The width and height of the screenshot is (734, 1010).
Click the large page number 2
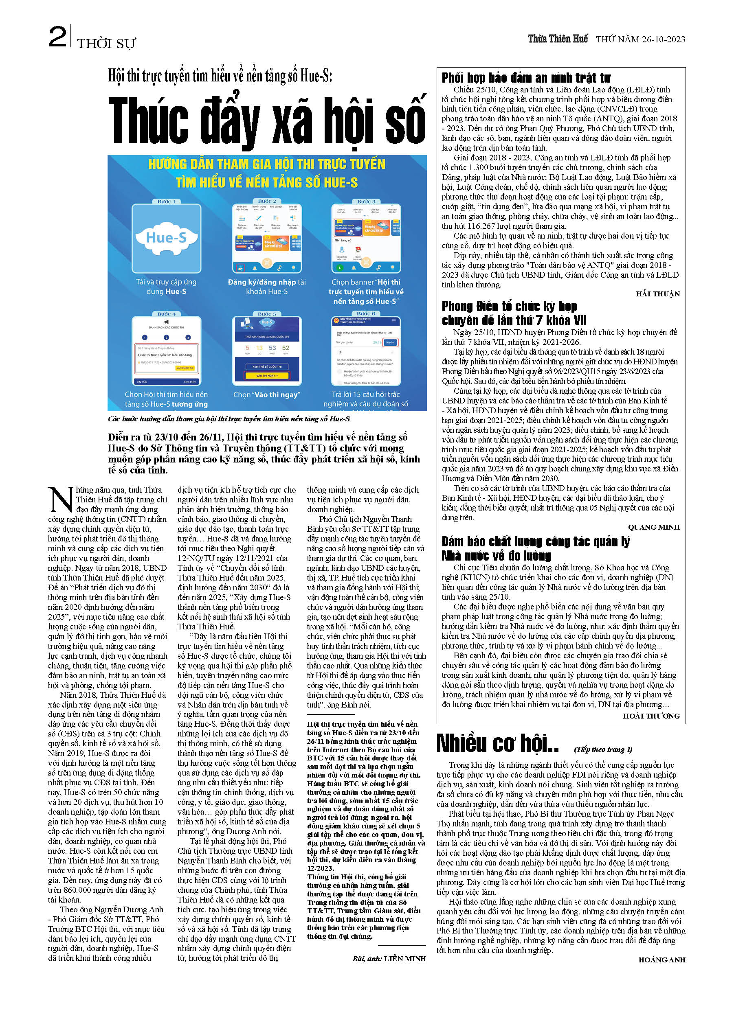coord(57,37)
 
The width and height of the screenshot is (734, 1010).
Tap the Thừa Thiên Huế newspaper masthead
coord(558,39)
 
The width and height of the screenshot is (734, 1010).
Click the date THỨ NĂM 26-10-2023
coord(640,39)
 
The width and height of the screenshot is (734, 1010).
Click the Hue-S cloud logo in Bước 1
coord(166,238)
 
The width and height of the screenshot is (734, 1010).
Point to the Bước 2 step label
coord(267,201)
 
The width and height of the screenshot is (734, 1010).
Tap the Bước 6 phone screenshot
coord(365,351)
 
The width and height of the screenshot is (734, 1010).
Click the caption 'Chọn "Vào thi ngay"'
coord(266,394)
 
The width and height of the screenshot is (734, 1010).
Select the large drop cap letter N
coord(60,500)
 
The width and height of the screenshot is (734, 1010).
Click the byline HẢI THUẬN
coord(657,294)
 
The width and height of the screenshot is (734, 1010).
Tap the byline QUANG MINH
coord(653,527)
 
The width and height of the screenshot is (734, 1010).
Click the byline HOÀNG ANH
coord(661,960)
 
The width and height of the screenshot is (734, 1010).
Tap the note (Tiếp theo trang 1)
coord(603,749)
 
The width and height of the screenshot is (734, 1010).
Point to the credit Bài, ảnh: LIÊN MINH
coord(389,958)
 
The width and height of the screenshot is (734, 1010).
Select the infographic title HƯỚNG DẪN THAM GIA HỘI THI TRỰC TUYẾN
coord(266,164)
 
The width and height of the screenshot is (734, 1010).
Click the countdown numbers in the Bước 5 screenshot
coord(267,348)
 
